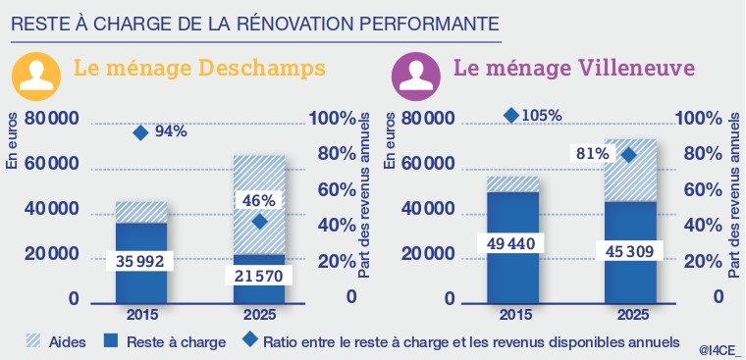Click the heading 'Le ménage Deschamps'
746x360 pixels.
coord(200,70)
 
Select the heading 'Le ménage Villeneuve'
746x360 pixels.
coord(574,70)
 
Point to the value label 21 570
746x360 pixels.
coord(259,278)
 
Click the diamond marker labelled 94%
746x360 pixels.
coord(141,132)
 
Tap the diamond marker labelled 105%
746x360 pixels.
coord(510,116)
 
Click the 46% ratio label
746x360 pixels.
coord(259,200)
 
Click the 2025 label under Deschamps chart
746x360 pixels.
coord(259,316)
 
